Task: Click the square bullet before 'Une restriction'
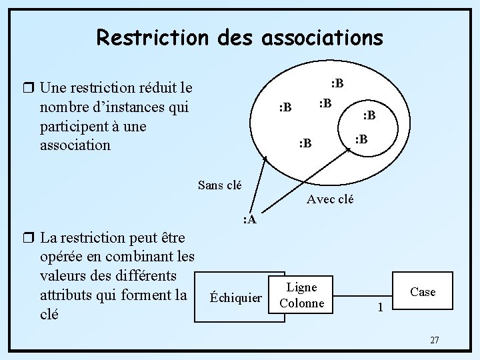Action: click(27, 88)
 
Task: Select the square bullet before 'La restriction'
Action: click(27, 238)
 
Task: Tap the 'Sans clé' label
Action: click(220, 185)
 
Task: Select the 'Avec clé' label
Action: click(330, 199)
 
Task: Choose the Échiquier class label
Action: click(236, 297)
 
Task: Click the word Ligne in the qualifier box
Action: click(301, 287)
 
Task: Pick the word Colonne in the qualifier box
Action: click(301, 303)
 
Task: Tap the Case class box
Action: click(423, 292)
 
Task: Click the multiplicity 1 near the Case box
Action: click(380, 307)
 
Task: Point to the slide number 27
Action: click(434, 340)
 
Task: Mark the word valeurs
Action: click(63, 275)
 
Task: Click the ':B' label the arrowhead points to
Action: click(361, 139)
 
